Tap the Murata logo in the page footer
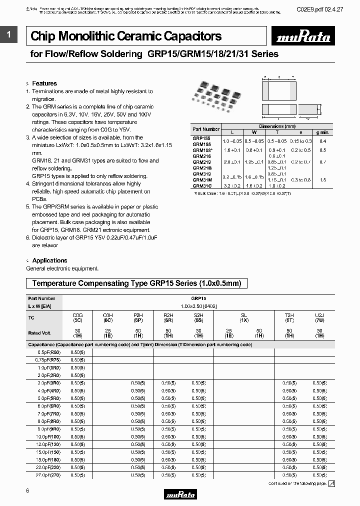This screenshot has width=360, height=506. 180,494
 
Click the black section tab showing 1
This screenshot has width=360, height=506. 8,34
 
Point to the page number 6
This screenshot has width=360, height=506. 27,491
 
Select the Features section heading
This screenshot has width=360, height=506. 44,83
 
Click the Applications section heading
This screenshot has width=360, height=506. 49,260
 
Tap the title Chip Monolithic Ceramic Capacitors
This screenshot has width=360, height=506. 126,36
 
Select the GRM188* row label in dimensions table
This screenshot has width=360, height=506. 202,150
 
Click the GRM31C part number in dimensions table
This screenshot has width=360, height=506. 202,185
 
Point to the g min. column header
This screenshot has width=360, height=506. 322,132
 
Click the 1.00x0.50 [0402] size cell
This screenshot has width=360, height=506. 198,305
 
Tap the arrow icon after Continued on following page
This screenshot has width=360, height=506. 331,483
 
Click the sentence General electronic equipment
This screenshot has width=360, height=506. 62,269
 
